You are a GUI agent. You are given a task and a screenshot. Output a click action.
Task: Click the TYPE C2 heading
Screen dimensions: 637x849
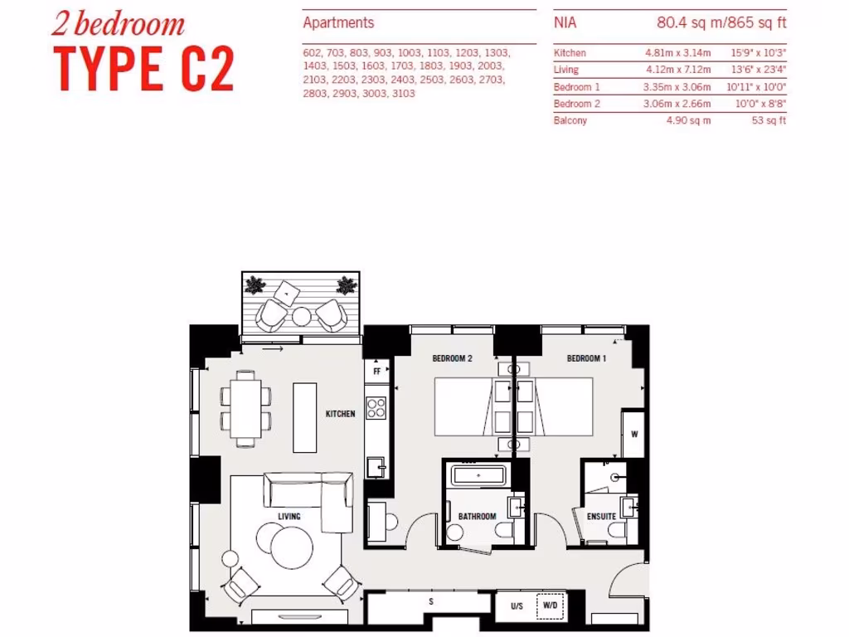pos(144,70)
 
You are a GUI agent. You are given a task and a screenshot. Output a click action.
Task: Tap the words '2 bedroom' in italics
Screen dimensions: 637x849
pos(118,24)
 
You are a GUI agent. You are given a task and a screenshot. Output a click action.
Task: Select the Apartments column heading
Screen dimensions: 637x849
pos(338,23)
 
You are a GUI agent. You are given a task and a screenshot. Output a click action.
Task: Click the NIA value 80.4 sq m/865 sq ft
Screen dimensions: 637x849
pos(716,23)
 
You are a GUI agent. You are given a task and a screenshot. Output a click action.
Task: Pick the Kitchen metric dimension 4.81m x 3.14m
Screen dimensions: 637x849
pos(677,53)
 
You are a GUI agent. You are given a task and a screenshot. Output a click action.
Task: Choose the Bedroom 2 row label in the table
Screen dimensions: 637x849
pos(577,104)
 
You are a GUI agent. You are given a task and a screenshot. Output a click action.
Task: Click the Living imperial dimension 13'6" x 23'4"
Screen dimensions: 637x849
pos(759,70)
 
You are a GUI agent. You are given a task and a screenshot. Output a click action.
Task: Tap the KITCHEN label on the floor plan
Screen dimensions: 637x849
pos(340,413)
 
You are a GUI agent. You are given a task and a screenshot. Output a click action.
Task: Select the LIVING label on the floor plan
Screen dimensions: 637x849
pos(289,517)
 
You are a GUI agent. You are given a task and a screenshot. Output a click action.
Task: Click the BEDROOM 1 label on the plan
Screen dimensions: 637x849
pos(586,358)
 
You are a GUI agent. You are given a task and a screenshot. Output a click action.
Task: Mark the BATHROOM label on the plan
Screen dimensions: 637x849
pos(477,517)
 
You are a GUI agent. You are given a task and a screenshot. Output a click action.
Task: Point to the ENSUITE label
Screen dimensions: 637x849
pos(601,517)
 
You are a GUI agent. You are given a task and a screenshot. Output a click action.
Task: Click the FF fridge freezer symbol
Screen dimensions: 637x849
pos(376,372)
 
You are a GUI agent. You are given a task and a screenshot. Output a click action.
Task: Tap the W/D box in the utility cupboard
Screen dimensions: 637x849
pos(549,606)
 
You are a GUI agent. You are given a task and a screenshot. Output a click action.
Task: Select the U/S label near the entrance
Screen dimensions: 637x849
pos(517,606)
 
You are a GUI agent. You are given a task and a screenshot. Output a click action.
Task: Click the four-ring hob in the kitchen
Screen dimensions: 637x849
pos(376,408)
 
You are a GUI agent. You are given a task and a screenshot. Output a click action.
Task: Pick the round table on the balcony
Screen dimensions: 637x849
pos(301,316)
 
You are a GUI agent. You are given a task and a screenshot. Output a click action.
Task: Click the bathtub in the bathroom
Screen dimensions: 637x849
pos(478,477)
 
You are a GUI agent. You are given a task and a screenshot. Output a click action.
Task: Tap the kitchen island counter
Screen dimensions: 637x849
pos(305,417)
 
